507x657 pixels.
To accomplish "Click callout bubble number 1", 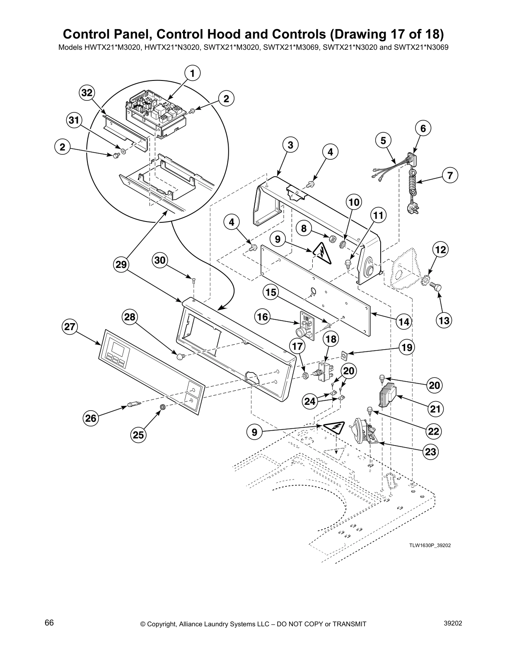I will tap(192, 73).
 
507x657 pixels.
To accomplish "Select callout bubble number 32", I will tap(87, 93).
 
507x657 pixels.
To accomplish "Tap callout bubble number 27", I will tap(70, 326).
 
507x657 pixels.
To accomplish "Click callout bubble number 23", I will tap(431, 452).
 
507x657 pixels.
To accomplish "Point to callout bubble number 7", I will tap(450, 175).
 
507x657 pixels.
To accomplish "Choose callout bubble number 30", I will tap(160, 260).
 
